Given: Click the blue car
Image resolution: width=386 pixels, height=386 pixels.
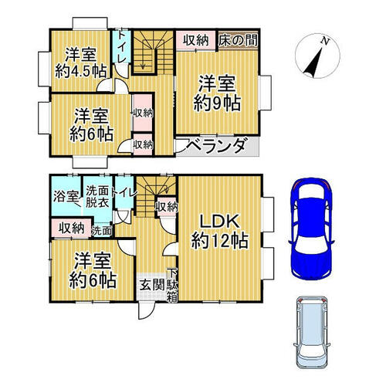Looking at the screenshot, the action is point(311,229).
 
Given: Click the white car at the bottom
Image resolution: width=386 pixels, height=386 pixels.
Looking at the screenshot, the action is point(311,333).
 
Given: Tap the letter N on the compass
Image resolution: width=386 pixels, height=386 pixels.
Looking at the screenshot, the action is point(325,41).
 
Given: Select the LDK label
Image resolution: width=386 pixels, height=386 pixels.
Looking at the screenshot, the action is point(220,222).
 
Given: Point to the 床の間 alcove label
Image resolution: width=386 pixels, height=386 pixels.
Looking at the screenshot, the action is point(238,41).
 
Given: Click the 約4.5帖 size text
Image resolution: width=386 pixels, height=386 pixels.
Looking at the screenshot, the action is point(81,71).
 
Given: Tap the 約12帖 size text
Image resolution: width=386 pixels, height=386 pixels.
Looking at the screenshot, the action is point(220,241).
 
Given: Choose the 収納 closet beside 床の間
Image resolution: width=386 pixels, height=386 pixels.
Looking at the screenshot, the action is point(196,40).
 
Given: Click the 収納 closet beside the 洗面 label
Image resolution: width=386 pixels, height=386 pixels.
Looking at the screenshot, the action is point(71,228).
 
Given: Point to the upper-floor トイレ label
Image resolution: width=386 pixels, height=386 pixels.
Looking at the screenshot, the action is point(122,47).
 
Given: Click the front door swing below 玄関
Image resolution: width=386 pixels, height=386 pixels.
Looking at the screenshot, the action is point(146,310).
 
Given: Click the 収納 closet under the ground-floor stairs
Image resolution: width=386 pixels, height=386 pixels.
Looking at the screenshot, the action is point(168,207).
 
